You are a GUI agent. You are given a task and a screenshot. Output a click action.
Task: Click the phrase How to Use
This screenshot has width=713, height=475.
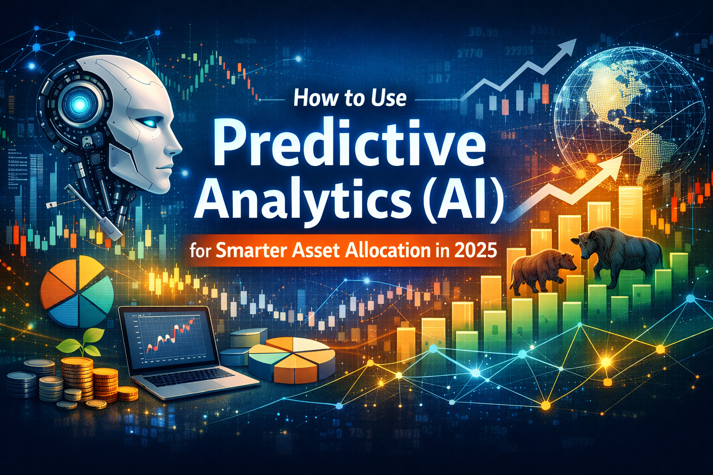(350, 99)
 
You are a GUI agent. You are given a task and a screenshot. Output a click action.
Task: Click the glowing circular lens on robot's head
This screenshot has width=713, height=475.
(80, 105)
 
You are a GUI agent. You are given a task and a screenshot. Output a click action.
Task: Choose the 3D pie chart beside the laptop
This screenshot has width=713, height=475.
(292, 357)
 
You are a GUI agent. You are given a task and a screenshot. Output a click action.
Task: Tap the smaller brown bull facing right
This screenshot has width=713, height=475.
(541, 271)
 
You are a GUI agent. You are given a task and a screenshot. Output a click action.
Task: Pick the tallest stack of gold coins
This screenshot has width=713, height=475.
(77, 378)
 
